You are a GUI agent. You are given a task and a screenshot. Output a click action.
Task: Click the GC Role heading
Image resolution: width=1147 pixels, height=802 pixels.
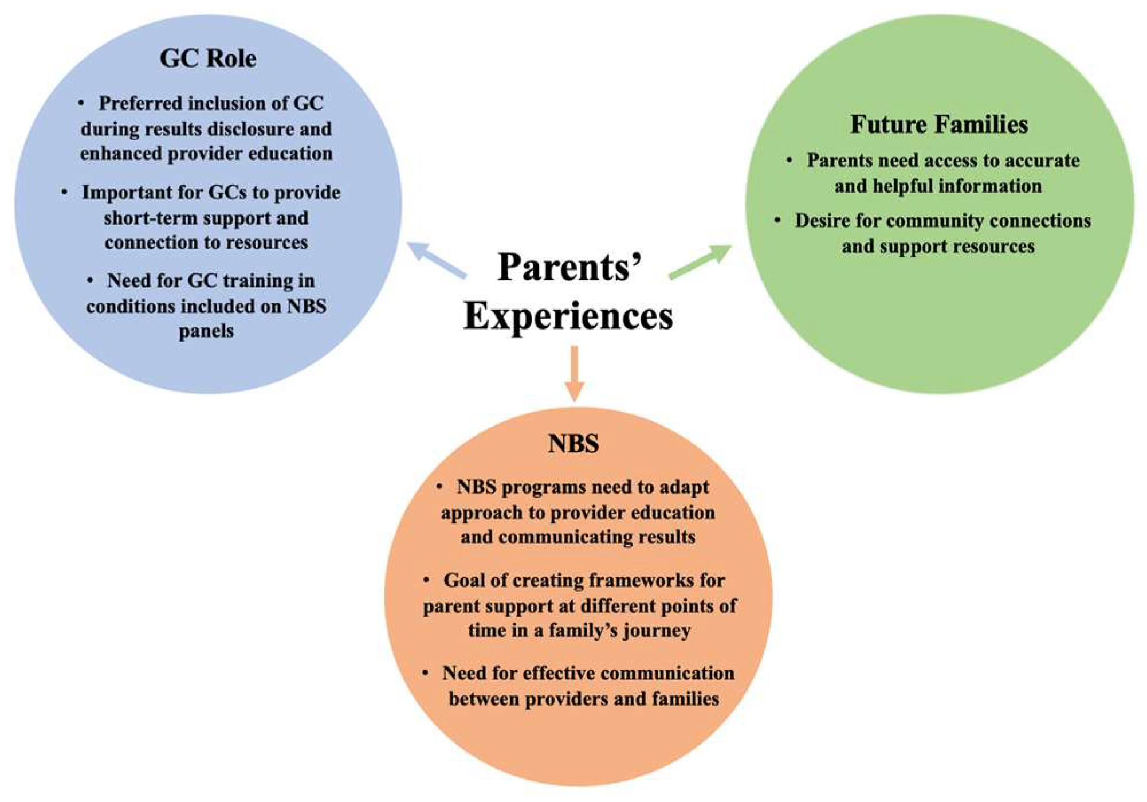pyautogui.click(x=208, y=58)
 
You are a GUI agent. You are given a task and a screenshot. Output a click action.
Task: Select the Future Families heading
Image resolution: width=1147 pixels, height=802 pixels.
pyautogui.click(x=939, y=124)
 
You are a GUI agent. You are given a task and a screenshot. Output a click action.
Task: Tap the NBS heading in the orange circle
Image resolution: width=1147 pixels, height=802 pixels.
pyautogui.click(x=573, y=444)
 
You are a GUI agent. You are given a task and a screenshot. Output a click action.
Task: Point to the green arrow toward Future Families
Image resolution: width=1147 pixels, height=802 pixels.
pyautogui.click(x=700, y=262)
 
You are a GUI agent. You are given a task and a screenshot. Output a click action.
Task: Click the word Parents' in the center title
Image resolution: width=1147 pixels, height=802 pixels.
pyautogui.click(x=569, y=267)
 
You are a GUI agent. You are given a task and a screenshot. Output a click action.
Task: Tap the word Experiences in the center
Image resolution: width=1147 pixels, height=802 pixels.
pyautogui.click(x=568, y=316)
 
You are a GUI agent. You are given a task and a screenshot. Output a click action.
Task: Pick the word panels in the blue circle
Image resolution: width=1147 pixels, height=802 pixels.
pyautogui.click(x=206, y=331)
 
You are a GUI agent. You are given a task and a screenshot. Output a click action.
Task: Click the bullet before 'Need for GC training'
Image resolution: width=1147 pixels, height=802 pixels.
pyautogui.click(x=90, y=280)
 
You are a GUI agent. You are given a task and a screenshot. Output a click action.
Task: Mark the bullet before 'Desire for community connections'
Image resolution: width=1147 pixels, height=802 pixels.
pyautogui.click(x=777, y=220)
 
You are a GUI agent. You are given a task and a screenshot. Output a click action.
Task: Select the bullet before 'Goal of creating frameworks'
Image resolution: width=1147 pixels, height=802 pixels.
pyautogui.click(x=426, y=580)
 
